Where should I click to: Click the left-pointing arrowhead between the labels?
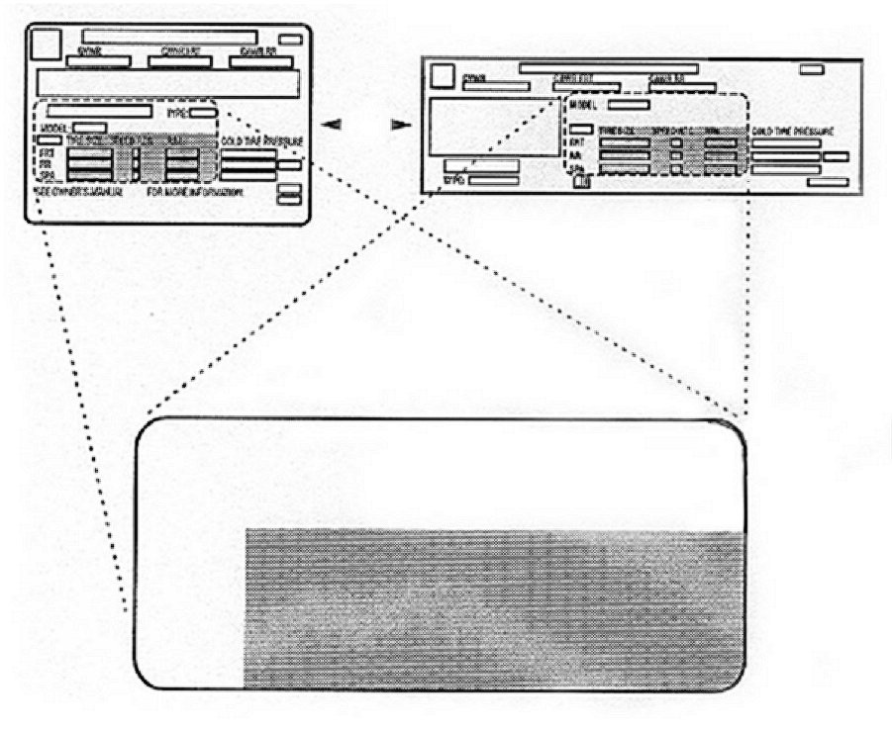(x=335, y=125)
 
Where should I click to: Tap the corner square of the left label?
(x=45, y=44)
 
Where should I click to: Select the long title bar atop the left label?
(x=169, y=37)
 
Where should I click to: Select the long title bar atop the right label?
(x=608, y=68)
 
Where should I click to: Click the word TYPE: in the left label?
(x=178, y=113)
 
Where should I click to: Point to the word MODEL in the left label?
(x=54, y=128)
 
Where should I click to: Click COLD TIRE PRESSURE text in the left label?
(x=261, y=141)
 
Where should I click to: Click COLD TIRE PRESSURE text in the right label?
(x=792, y=131)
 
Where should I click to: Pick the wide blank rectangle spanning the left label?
(x=167, y=83)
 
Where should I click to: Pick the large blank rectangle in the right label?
(x=492, y=126)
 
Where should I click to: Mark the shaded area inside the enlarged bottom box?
(x=494, y=608)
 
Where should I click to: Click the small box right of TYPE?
(x=203, y=113)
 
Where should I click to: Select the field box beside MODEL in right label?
(x=629, y=104)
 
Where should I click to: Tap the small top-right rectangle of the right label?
(x=813, y=69)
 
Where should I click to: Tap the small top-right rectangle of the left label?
(x=290, y=40)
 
